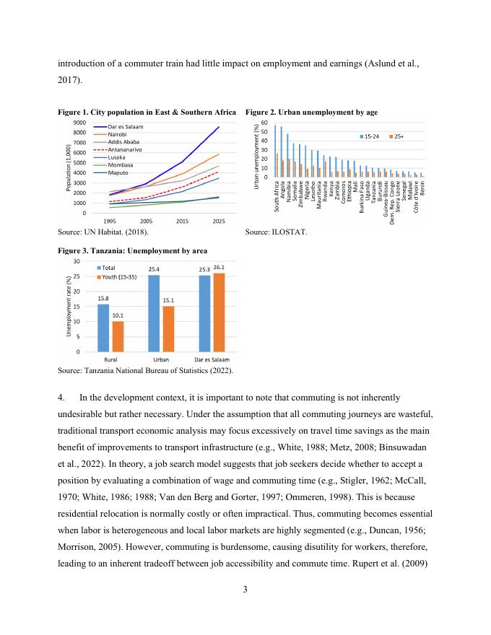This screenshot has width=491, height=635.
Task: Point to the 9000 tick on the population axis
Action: tap(80, 123)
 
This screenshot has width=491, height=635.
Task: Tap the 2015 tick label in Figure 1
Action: tap(183, 220)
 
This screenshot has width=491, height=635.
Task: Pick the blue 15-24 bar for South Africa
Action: tap(275, 151)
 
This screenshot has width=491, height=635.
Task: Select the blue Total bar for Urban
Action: tap(153, 313)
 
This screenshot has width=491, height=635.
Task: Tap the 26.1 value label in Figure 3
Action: tap(220, 267)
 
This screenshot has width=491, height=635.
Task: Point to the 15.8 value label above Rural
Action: tap(103, 298)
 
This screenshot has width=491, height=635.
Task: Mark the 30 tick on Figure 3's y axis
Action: tap(77, 260)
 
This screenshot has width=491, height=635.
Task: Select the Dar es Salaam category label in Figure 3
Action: tap(212, 359)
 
